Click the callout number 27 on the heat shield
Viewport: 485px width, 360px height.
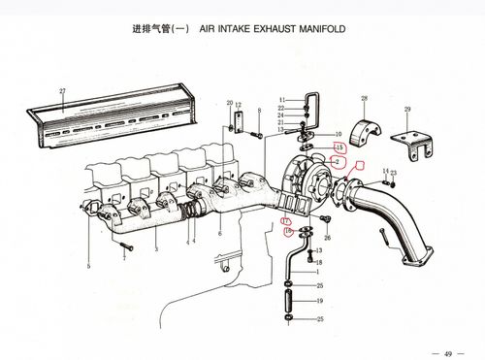[62, 90]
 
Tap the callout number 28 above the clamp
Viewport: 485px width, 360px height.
[364, 99]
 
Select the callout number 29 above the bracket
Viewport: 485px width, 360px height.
[407, 109]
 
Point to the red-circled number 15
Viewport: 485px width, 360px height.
[338, 147]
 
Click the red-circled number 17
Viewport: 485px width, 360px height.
[286, 222]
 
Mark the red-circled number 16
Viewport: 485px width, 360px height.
[287, 232]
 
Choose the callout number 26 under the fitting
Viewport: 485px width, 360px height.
[327, 238]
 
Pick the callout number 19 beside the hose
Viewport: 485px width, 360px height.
[319, 302]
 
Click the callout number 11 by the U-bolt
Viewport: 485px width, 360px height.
[279, 101]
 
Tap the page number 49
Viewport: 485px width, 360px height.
[447, 351]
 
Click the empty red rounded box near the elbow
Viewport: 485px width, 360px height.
[361, 166]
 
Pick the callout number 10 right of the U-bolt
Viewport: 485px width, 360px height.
[338, 134]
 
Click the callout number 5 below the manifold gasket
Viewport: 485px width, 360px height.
[88, 265]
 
